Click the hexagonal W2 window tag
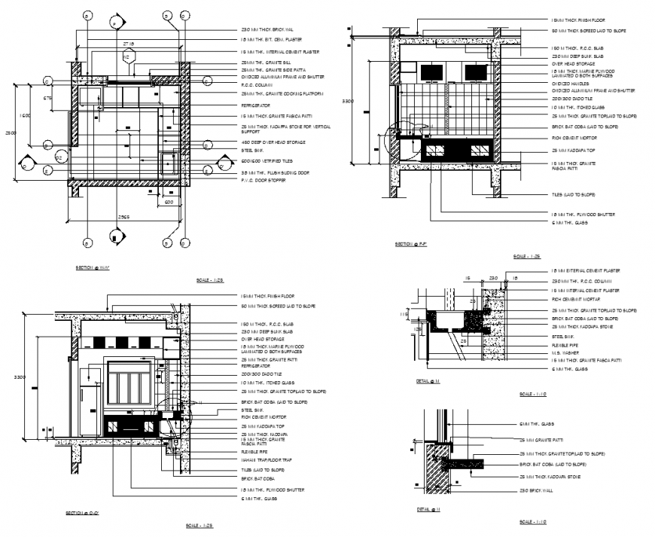126,57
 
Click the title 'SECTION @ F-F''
412,245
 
